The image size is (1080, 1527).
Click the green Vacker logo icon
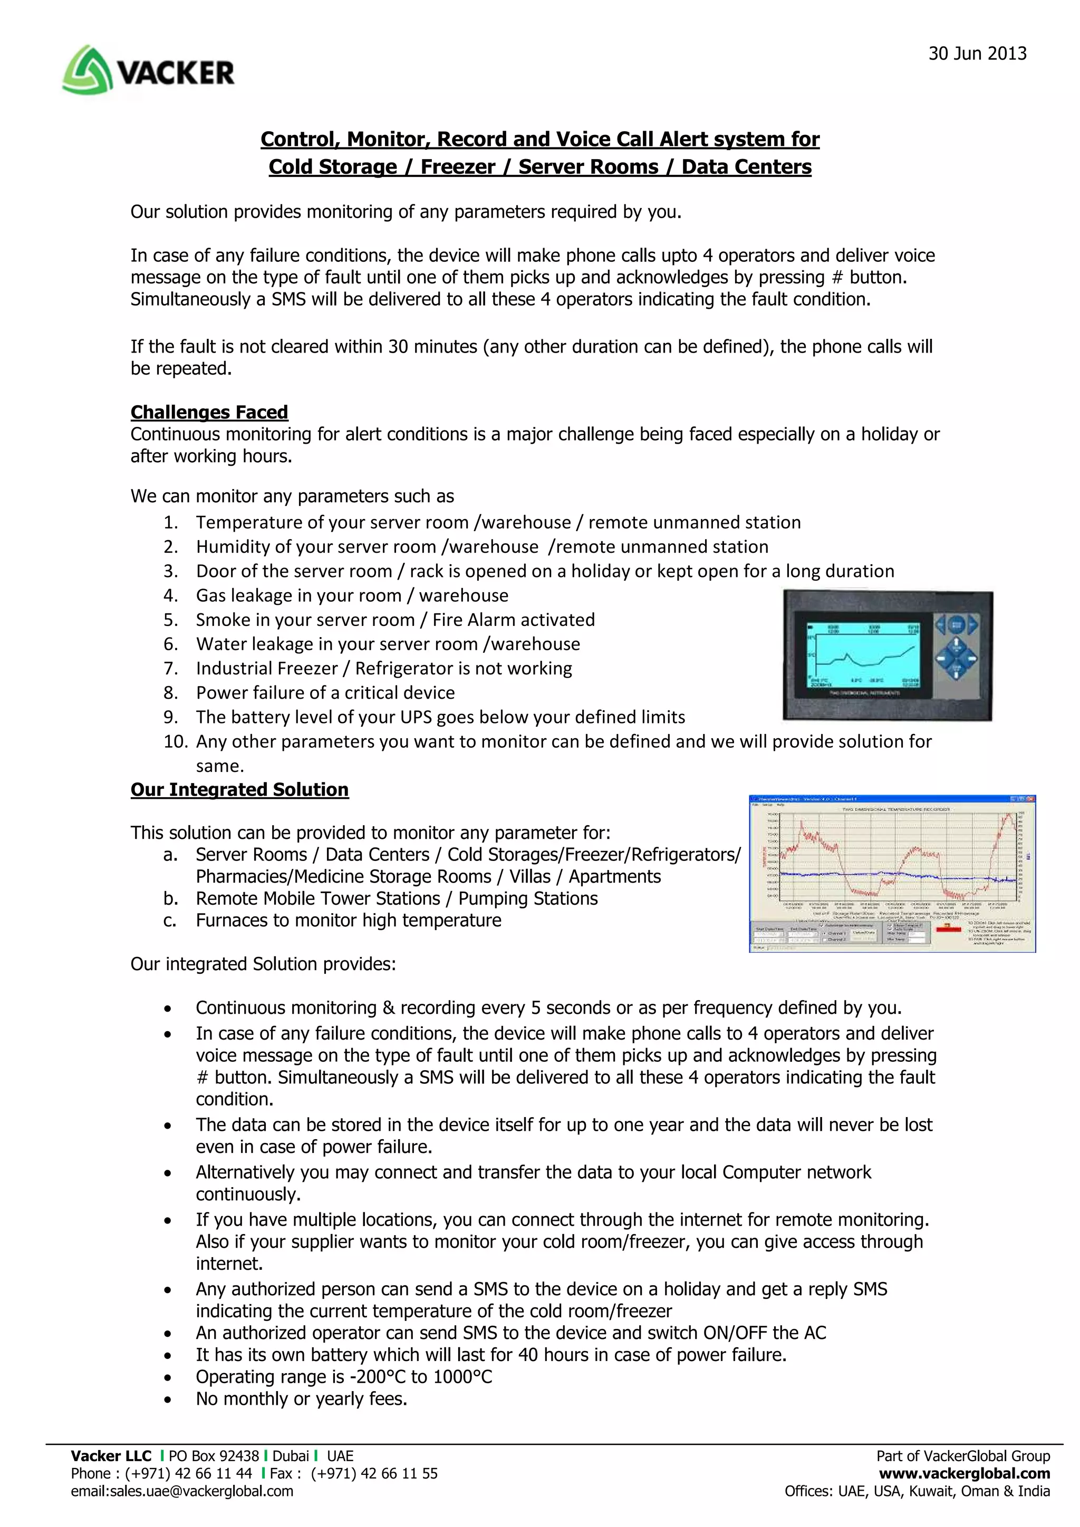coord(87,70)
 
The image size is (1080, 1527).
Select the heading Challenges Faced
coord(209,413)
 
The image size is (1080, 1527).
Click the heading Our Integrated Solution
coord(239,789)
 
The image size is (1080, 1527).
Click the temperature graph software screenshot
coord(892,873)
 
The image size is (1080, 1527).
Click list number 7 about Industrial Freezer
coord(171,669)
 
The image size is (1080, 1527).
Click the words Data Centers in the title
coord(746,167)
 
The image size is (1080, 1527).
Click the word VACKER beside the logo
coord(176,73)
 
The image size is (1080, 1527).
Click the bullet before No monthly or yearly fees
coord(168,1399)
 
